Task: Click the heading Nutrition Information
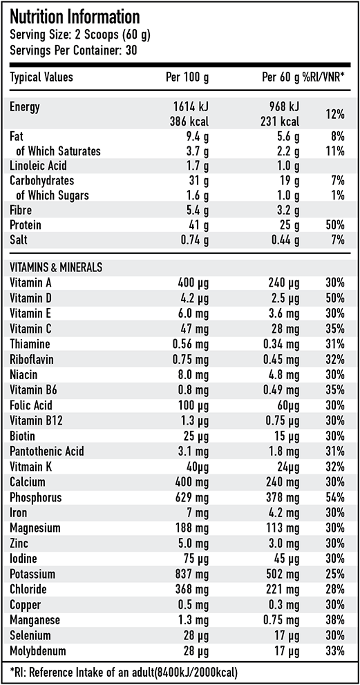[x=75, y=17]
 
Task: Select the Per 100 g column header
[x=188, y=77]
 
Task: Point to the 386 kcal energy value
[x=190, y=121]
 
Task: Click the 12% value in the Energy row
[x=334, y=114]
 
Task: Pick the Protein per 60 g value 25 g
[x=288, y=226]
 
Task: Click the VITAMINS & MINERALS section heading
[x=56, y=267]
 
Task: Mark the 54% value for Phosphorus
[x=334, y=497]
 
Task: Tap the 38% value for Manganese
[x=334, y=619]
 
